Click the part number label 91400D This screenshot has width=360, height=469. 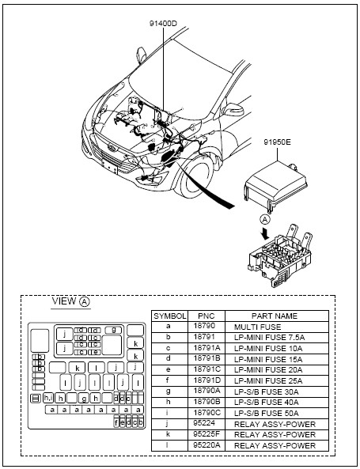163,24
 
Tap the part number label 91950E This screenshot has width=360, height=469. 277,142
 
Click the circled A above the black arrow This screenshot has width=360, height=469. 264,220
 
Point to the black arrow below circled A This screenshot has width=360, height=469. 264,233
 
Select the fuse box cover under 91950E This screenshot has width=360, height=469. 275,184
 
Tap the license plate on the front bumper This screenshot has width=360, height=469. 109,167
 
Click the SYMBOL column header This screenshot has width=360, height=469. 169,316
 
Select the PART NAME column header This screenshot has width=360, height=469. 275,316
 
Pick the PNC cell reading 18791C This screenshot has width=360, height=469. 207,369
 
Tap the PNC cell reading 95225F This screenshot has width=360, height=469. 207,435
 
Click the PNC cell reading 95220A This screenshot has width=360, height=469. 207,445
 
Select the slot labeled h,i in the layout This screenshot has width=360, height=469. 48,398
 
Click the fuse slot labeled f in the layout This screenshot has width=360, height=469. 116,422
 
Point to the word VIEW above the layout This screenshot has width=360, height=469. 64,301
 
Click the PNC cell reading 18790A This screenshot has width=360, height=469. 207,391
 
